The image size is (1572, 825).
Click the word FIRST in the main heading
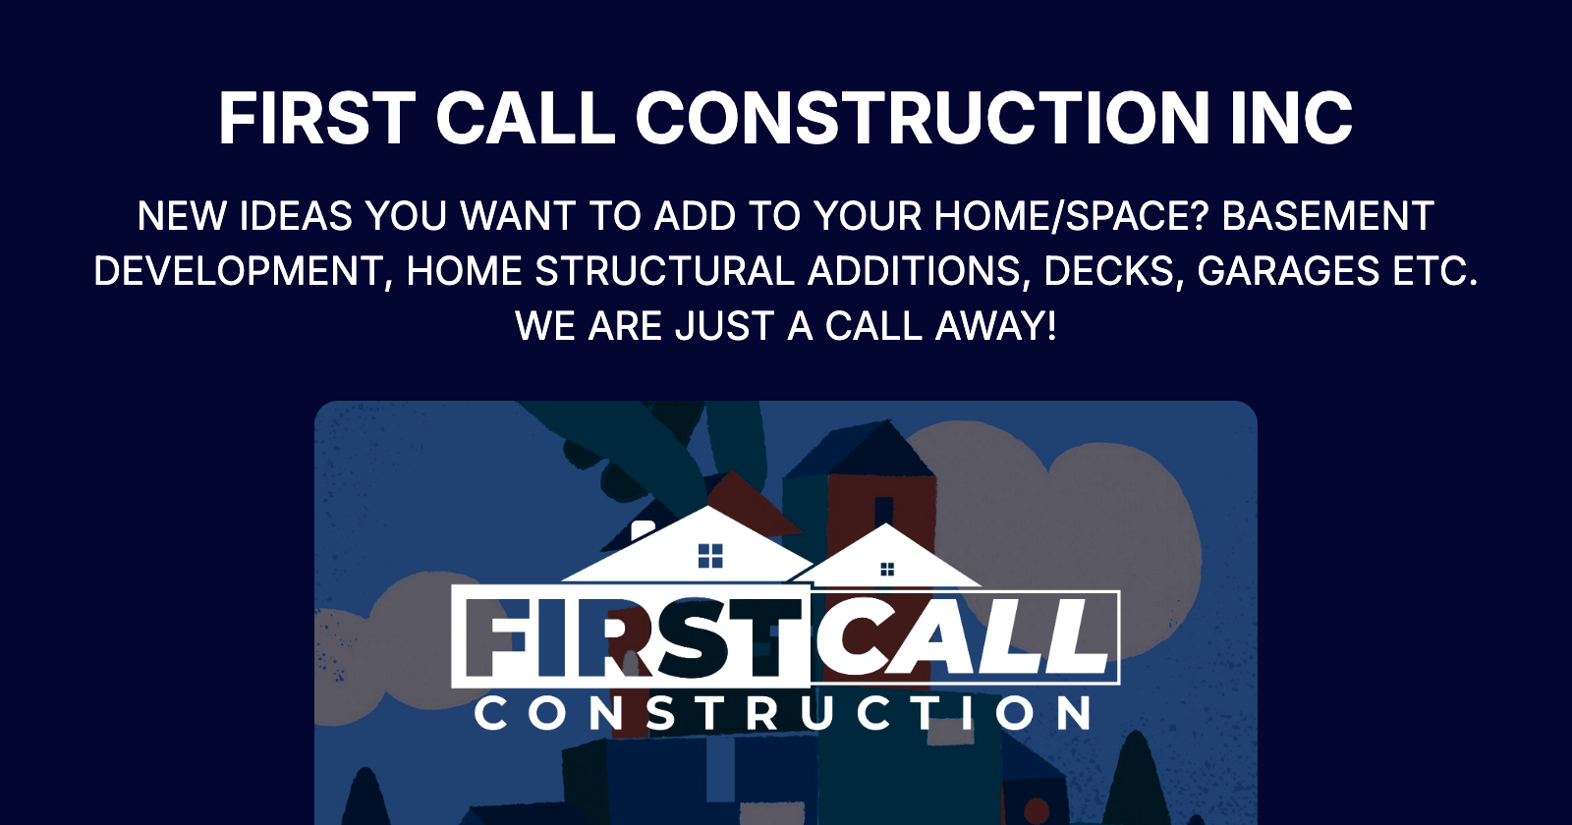317,119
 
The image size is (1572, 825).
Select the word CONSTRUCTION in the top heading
923,119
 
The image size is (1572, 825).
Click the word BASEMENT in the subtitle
1327,216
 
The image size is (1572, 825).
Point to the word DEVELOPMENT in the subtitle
237,271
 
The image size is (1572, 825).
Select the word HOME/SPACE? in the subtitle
1071,216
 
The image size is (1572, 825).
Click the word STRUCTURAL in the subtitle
665,271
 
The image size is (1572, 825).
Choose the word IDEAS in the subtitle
296,216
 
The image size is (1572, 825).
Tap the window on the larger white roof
710,556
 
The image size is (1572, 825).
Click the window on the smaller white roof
887,570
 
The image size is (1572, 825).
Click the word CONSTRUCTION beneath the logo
783,714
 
